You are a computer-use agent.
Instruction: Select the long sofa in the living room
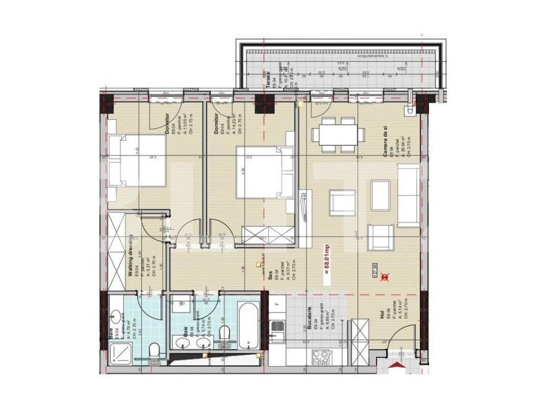(409, 195)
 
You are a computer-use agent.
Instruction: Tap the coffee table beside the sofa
(381, 195)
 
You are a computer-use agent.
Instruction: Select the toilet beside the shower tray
(154, 349)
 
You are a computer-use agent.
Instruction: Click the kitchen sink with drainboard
(279, 332)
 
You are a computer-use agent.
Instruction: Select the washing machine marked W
(182, 303)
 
